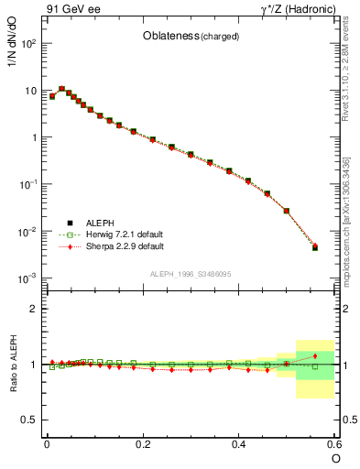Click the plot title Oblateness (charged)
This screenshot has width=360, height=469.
(x=191, y=37)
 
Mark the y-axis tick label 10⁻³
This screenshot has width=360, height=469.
(x=27, y=278)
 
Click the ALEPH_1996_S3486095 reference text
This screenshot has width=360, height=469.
(x=191, y=274)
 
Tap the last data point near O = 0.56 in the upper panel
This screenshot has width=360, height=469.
(x=315, y=247)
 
